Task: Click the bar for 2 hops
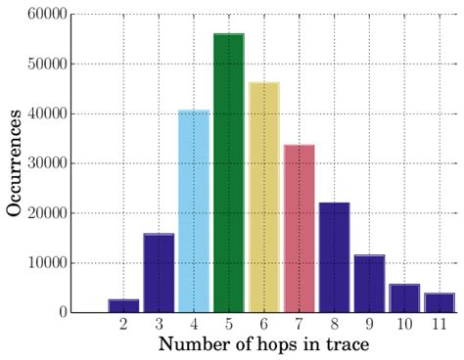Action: [123, 305]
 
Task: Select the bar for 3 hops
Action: [159, 273]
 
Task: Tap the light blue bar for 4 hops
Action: [194, 211]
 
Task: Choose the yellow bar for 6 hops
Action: [264, 197]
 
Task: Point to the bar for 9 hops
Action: [369, 284]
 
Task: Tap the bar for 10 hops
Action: [404, 298]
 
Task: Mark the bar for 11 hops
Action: [440, 302]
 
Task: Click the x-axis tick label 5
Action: [229, 324]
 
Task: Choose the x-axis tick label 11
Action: [440, 324]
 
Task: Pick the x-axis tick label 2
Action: [123, 324]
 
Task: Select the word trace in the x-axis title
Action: [340, 344]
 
